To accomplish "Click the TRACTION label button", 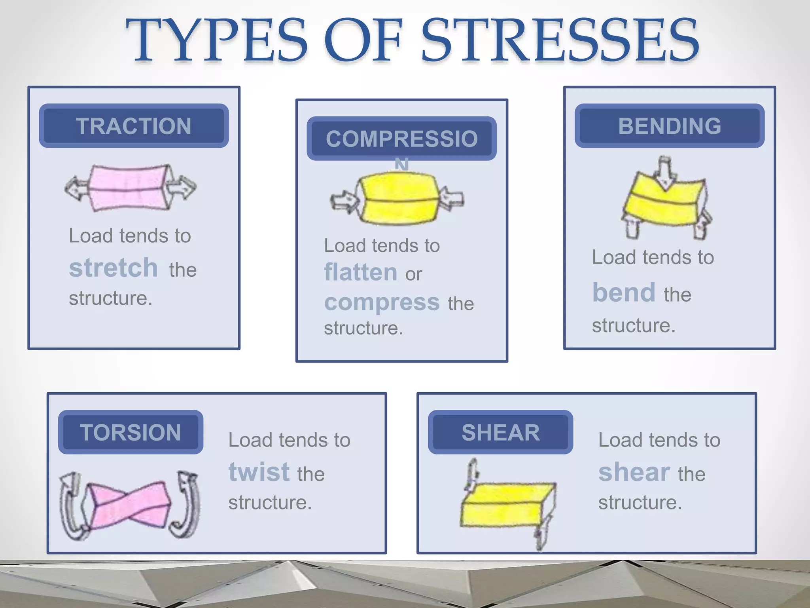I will pyautogui.click(x=134, y=126).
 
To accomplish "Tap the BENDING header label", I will pyautogui.click(x=669, y=126).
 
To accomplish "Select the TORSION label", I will pyautogui.click(x=131, y=432).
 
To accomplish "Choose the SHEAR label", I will pyautogui.click(x=500, y=432).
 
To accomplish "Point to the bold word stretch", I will pyautogui.click(x=114, y=268).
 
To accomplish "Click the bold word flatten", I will pyautogui.click(x=360, y=272).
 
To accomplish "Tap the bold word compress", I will pyautogui.click(x=382, y=303).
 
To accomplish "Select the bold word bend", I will pyautogui.click(x=624, y=293).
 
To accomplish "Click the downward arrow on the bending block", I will pyautogui.click(x=665, y=173).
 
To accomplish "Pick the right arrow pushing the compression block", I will pyautogui.click(x=452, y=198).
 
